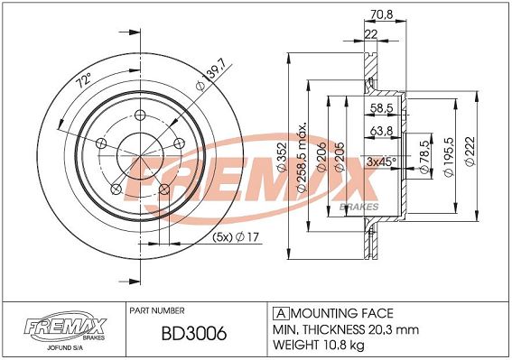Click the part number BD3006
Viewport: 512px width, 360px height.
(194, 334)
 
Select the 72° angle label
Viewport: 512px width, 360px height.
(84, 80)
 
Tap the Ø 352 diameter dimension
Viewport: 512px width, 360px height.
(282, 157)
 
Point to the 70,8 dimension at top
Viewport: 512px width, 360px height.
(382, 14)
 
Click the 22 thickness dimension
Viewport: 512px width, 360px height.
(370, 34)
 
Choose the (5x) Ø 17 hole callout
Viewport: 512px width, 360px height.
(236, 236)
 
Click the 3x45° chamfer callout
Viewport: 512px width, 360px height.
(381, 162)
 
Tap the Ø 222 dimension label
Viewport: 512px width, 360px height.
(470, 152)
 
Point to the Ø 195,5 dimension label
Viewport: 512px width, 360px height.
(450, 157)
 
